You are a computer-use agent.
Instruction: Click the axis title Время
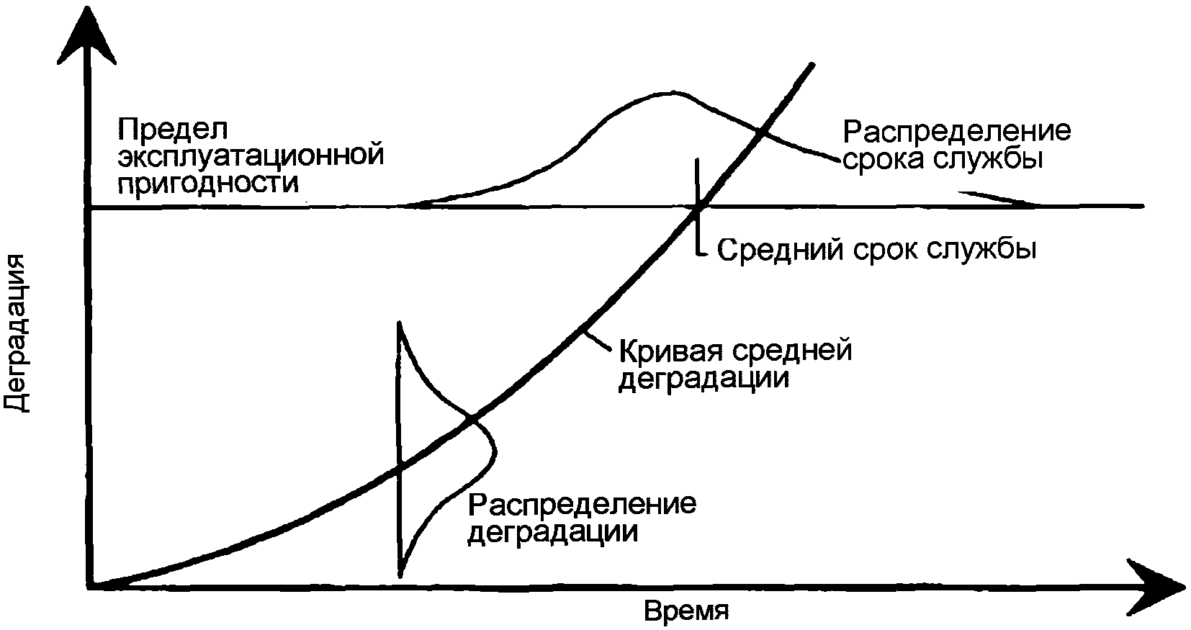click(686, 611)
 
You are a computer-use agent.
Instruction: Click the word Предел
click(173, 130)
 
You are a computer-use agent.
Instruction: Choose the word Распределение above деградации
click(582, 504)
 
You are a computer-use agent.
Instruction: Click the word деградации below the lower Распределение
click(552, 532)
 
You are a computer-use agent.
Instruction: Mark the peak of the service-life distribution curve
click(670, 92)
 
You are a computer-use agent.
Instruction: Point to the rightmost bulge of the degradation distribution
click(495, 452)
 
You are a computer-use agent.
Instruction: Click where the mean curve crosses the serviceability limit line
click(698, 207)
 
